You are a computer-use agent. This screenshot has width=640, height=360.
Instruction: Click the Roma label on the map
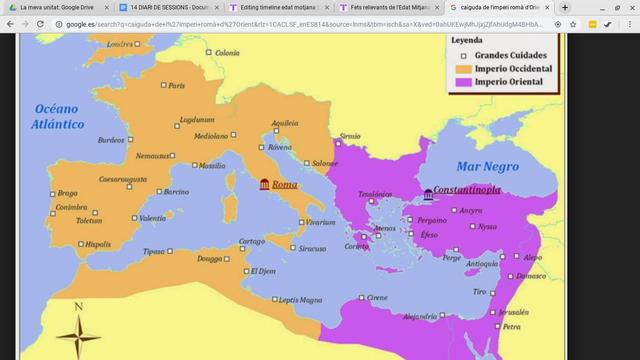click(x=285, y=185)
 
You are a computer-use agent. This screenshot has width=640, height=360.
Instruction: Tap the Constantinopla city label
click(x=473, y=189)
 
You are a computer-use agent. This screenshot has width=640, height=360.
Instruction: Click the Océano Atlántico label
click(x=59, y=116)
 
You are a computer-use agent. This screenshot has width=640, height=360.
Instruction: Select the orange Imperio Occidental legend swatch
click(x=463, y=68)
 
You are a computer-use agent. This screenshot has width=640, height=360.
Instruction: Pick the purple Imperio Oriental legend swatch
click(x=463, y=81)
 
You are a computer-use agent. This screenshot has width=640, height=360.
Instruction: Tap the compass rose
click(x=78, y=332)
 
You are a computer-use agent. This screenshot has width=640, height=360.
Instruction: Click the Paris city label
click(x=177, y=85)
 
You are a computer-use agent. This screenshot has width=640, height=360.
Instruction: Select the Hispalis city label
click(x=98, y=244)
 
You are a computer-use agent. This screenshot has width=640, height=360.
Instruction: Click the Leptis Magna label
click(x=300, y=299)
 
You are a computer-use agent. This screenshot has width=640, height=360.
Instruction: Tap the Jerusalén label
click(x=513, y=311)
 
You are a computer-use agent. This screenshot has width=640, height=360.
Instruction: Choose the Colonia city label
click(x=228, y=53)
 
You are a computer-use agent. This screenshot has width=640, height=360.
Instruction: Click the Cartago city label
click(x=251, y=241)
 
